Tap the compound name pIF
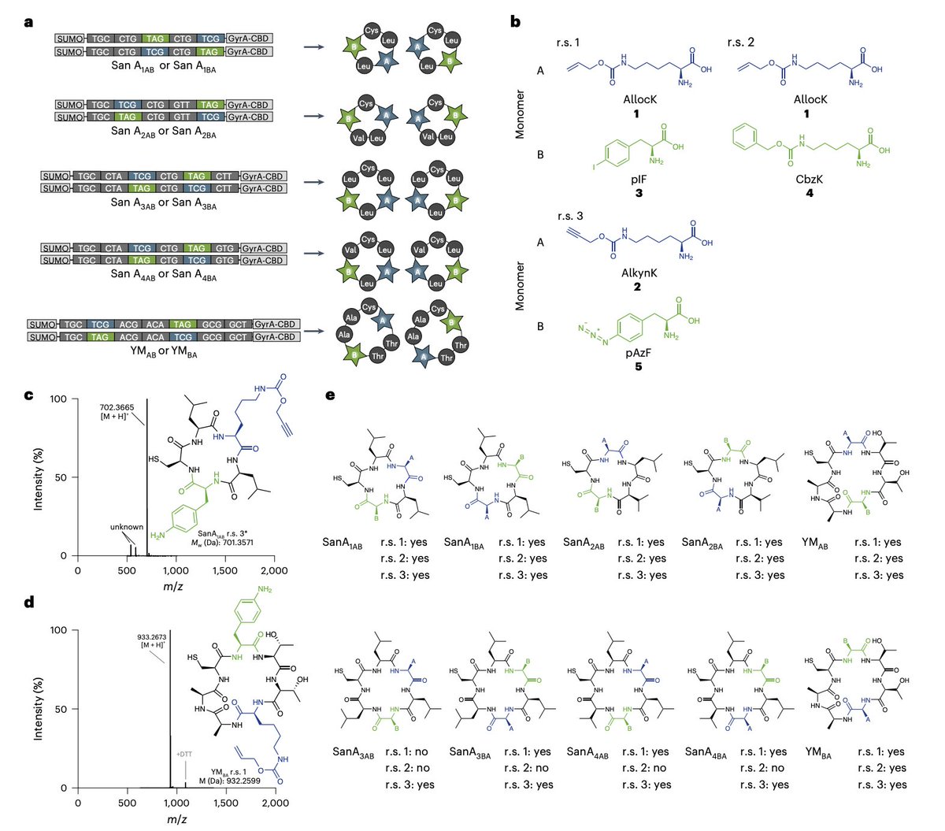[639, 180]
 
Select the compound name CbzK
[810, 180]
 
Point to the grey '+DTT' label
[183, 754]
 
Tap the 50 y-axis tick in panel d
[62, 709]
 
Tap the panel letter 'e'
[332, 395]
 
